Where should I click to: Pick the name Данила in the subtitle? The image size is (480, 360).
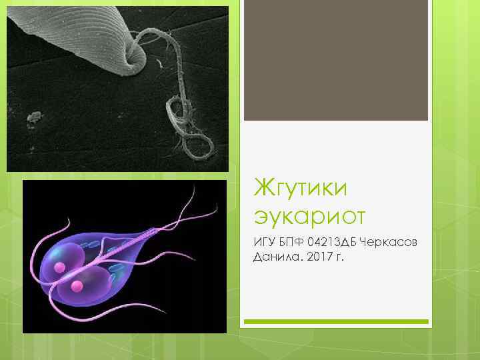tap(275, 257)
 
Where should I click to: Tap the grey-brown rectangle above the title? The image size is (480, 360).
tap(335, 60)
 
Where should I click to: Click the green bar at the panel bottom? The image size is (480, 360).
tap(335, 321)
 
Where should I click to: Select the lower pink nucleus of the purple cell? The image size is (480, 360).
tap(77, 286)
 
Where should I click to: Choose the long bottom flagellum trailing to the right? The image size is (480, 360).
tap(180, 319)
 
